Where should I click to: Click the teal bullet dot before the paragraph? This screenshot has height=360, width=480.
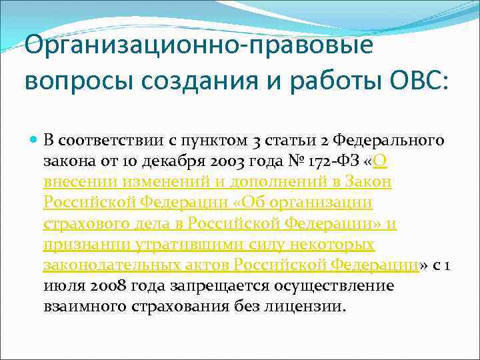click(x=33, y=141)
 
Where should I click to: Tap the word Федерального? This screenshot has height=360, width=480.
click(x=387, y=141)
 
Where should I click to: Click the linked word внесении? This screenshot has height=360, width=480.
click(x=79, y=181)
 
